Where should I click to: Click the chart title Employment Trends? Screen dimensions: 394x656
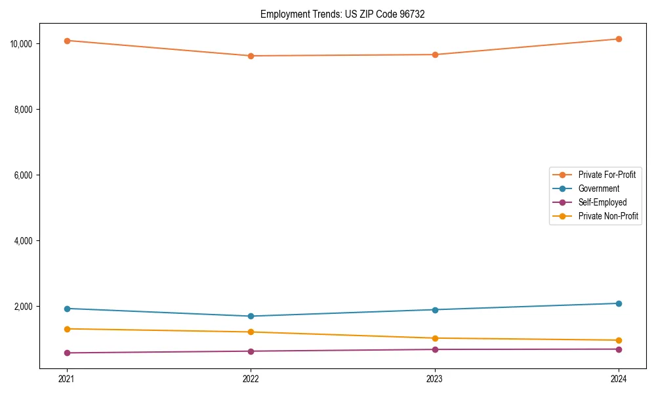(x=342, y=14)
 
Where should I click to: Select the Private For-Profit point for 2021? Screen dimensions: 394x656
(x=67, y=41)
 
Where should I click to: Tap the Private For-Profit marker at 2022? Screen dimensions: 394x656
(x=251, y=56)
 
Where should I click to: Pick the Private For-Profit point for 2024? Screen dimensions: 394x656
(x=619, y=39)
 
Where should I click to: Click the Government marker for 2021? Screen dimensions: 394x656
(x=67, y=309)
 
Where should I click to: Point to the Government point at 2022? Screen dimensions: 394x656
(x=251, y=317)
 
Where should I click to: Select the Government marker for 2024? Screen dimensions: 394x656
(x=619, y=303)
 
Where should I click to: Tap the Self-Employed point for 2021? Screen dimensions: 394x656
(x=67, y=353)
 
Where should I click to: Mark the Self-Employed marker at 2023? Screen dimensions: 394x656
(x=435, y=349)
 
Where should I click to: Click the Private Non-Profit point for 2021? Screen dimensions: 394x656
(x=67, y=329)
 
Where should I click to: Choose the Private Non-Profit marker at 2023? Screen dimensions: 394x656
(x=435, y=338)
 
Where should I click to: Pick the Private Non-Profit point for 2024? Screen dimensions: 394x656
(x=619, y=340)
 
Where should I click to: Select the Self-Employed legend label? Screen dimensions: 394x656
(x=602, y=202)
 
